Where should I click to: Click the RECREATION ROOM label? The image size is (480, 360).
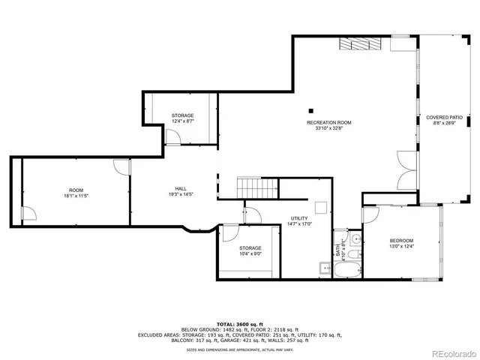click(328, 122)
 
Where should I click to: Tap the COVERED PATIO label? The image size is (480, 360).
click(444, 118)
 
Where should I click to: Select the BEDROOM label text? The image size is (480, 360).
click(401, 240)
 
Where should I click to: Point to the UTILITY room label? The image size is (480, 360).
click(300, 218)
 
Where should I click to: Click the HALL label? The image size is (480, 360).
click(181, 189)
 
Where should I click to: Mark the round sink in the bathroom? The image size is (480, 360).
click(356, 239)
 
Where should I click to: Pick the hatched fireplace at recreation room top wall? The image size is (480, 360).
click(362, 43)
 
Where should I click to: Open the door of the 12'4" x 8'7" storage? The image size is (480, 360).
click(173, 136)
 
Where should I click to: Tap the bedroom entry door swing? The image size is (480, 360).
click(372, 214)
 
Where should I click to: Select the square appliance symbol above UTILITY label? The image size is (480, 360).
click(321, 208)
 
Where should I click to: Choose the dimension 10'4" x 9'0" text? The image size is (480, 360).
click(250, 254)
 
